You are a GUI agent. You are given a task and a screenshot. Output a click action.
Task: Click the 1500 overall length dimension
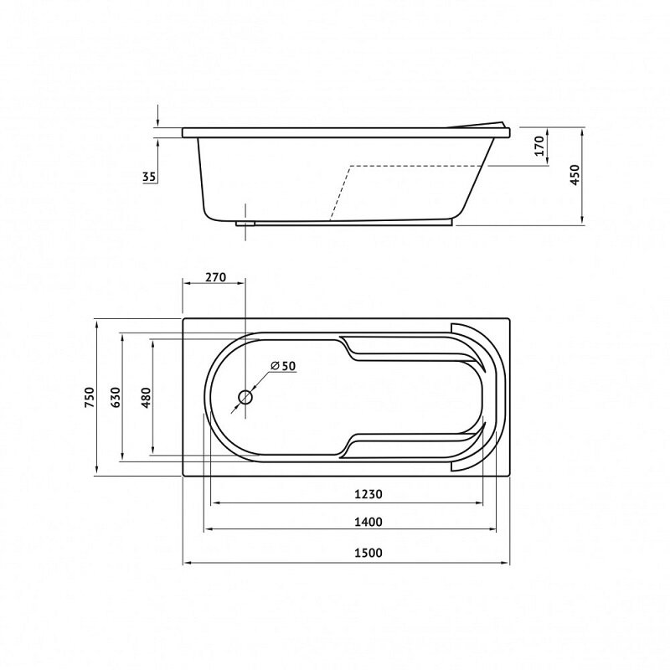(x=368, y=553)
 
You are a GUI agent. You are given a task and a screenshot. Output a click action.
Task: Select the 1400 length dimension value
(x=368, y=522)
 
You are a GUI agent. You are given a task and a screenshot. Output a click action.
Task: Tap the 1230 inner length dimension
(x=368, y=494)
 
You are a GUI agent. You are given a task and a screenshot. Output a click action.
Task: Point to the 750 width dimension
(x=90, y=397)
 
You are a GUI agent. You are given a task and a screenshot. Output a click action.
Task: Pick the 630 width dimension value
(x=116, y=397)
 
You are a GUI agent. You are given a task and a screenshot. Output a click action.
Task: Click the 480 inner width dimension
(x=146, y=397)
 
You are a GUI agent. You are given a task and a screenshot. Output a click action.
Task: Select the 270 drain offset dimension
(x=215, y=277)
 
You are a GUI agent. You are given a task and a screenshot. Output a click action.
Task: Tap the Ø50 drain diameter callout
(x=283, y=366)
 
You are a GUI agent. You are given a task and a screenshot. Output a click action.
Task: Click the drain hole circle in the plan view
(x=245, y=397)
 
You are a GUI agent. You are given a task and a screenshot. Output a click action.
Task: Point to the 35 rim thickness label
(x=149, y=177)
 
